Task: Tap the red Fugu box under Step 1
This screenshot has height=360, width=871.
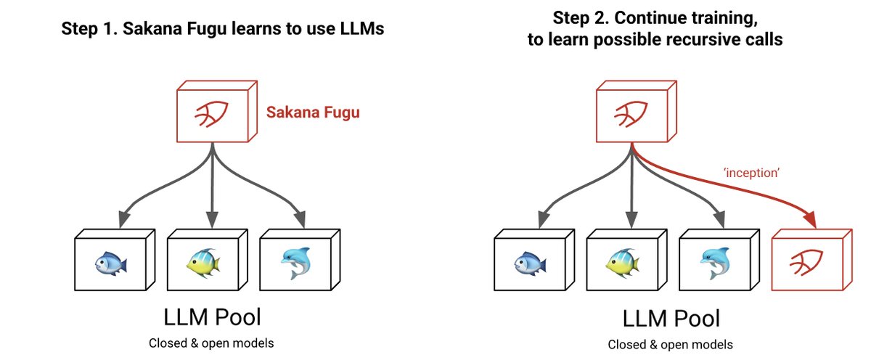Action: pos(212,114)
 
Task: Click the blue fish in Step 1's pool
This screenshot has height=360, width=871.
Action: pos(112,262)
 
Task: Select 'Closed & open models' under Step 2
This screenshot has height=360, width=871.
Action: pos(671,345)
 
